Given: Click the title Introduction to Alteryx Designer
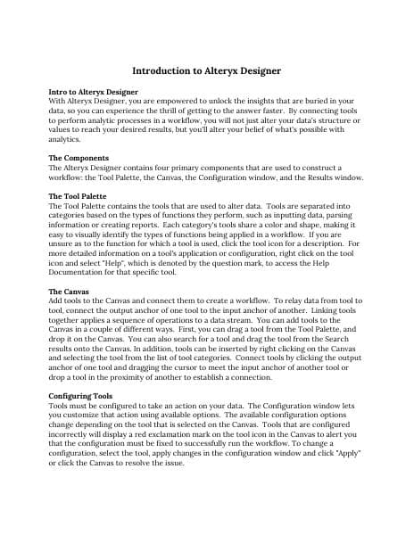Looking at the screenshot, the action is (207, 70).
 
